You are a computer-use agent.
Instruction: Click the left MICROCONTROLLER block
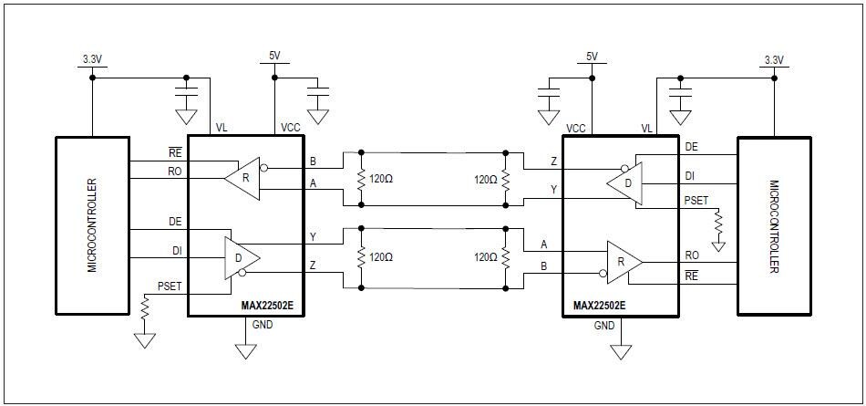(x=93, y=225)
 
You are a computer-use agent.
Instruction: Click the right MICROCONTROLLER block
(x=773, y=225)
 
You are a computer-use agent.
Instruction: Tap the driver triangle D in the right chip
(x=625, y=183)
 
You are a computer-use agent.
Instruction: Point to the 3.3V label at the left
(x=91, y=60)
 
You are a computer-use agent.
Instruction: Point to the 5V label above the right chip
(x=592, y=57)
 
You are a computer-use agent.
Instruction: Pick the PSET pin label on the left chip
(x=170, y=286)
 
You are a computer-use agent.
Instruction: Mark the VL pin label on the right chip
(x=647, y=129)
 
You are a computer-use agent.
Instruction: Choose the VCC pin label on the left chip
(x=291, y=129)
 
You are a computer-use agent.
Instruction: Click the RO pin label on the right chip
(x=692, y=255)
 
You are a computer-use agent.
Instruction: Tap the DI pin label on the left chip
(x=175, y=250)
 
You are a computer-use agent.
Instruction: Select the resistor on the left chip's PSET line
(x=145, y=310)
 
